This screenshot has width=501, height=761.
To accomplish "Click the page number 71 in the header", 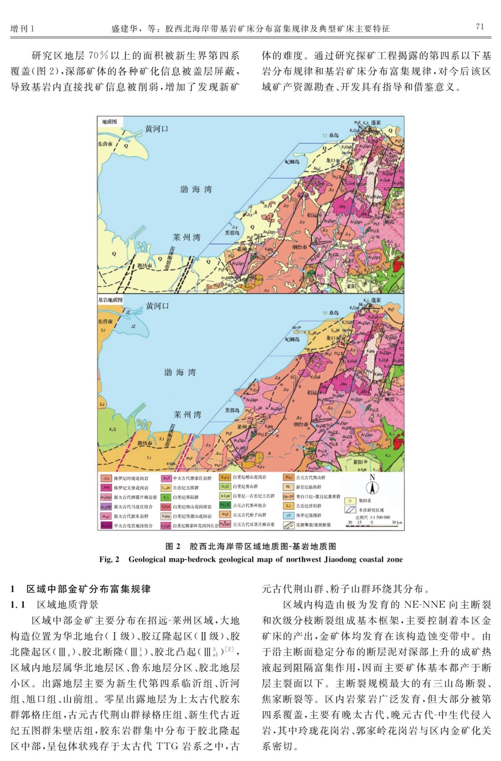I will pos(479,27).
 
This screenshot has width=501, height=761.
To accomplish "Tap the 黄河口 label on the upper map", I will pos(157,129).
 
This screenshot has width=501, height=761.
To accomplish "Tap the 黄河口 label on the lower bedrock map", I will pos(157,306).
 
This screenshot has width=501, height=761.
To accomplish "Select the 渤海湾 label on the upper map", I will pos(196,189).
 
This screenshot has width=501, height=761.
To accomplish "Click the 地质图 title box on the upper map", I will pos(110,122).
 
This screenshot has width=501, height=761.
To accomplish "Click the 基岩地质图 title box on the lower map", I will pos(111,299).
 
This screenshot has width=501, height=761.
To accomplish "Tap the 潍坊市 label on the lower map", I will pos(144,443).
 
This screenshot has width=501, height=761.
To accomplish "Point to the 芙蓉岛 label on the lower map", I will pos(232,410).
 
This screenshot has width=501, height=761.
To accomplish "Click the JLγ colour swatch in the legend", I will pos(106,478).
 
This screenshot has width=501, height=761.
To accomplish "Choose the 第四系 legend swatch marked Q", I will pos(349,501).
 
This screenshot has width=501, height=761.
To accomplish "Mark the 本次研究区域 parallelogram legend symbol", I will pos(349,510).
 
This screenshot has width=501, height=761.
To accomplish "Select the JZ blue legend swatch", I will pos(288,515).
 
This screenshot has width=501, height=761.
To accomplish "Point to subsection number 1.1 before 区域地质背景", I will pos(17,604).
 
